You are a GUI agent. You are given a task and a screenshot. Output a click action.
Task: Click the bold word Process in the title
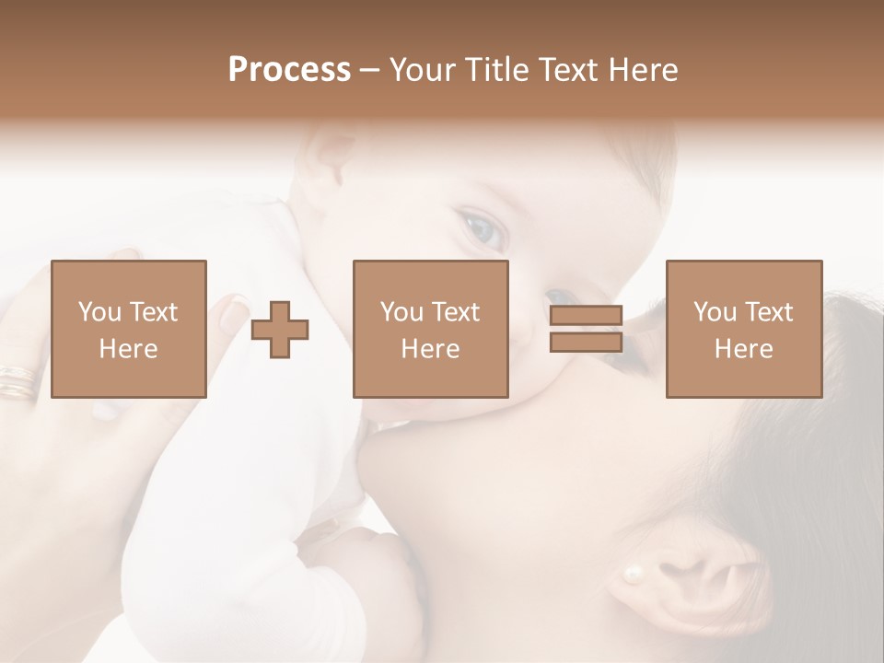tap(289, 70)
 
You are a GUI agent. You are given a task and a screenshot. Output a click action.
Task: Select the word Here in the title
tap(642, 70)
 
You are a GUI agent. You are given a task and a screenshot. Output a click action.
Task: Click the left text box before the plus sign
tap(128, 329)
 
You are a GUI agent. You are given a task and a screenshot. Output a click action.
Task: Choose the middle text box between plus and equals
tap(430, 329)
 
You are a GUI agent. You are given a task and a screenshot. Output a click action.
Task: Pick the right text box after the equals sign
tap(743, 329)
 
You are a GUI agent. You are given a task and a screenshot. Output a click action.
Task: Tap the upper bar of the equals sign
tap(586, 316)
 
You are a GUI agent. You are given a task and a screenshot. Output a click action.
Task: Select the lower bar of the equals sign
tap(586, 342)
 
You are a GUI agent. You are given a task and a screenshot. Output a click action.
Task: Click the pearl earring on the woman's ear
tap(633, 575)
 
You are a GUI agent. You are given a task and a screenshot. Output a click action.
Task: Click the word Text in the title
tap(566, 70)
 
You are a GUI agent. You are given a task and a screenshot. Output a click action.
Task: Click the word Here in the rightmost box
tap(743, 349)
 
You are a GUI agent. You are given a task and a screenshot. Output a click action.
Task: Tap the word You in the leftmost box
tap(99, 312)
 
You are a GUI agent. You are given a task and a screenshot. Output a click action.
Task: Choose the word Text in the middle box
tap(456, 312)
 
